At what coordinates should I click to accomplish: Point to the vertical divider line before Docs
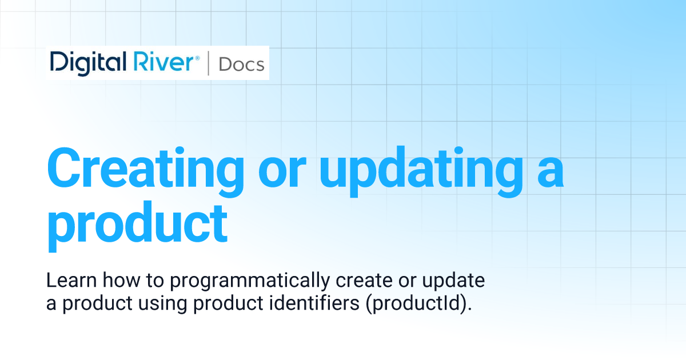pyautogui.click(x=208, y=63)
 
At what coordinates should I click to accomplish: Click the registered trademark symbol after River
pyautogui.click(x=197, y=58)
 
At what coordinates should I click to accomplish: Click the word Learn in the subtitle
pyautogui.click(x=66, y=281)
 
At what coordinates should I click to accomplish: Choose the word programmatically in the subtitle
pyautogui.click(x=250, y=282)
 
